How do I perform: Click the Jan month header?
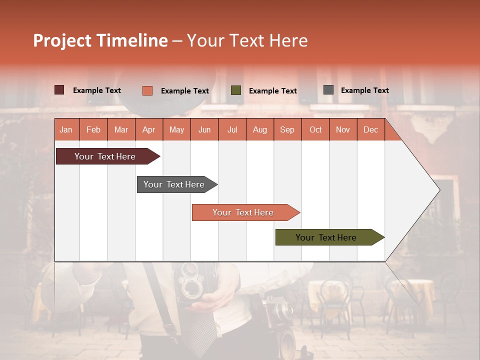tap(66, 129)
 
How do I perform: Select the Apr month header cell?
tap(148, 129)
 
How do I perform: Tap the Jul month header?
tap(232, 129)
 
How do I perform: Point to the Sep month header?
tap(287, 129)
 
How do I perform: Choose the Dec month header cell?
tap(370, 129)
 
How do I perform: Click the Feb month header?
tap(93, 129)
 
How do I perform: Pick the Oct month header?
tap(315, 129)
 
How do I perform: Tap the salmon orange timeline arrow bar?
tap(243, 212)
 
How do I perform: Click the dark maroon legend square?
tap(59, 90)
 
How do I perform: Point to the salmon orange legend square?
tap(147, 90)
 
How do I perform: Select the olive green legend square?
tap(236, 90)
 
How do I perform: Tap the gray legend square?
tap(328, 90)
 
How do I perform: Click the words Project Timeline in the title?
tap(100, 40)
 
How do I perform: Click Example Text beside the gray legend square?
tap(364, 90)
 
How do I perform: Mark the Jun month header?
tap(204, 129)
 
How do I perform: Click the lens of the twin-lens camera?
tap(191, 288)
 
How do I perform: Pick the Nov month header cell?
tap(343, 129)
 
